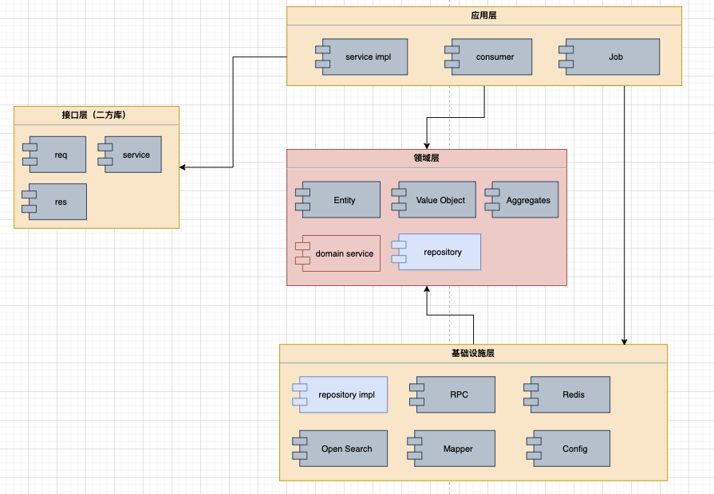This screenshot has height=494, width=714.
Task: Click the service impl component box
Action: (361, 57)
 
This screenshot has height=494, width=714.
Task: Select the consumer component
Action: (488, 57)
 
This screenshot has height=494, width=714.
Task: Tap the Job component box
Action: (609, 57)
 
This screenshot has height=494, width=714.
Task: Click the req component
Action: (54, 155)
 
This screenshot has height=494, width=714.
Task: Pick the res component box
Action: (54, 202)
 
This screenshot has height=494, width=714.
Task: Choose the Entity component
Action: (338, 200)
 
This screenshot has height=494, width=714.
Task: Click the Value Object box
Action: (434, 200)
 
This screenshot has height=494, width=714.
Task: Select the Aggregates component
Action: (522, 200)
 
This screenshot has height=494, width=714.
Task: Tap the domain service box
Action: (338, 253)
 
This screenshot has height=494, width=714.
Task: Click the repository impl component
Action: (340, 394)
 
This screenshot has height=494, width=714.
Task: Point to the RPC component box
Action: (452, 394)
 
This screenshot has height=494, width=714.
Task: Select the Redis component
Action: (567, 394)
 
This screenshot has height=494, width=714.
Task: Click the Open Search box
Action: (340, 449)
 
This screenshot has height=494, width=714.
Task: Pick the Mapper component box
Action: (452, 449)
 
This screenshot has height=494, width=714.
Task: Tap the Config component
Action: (568, 449)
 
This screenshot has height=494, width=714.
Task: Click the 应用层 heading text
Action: (483, 15)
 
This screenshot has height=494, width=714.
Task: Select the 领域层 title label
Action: (426, 159)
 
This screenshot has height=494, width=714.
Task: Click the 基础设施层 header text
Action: (472, 354)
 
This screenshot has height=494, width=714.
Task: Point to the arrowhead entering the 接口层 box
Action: (183, 167)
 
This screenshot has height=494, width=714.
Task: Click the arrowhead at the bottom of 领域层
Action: (427, 289)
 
